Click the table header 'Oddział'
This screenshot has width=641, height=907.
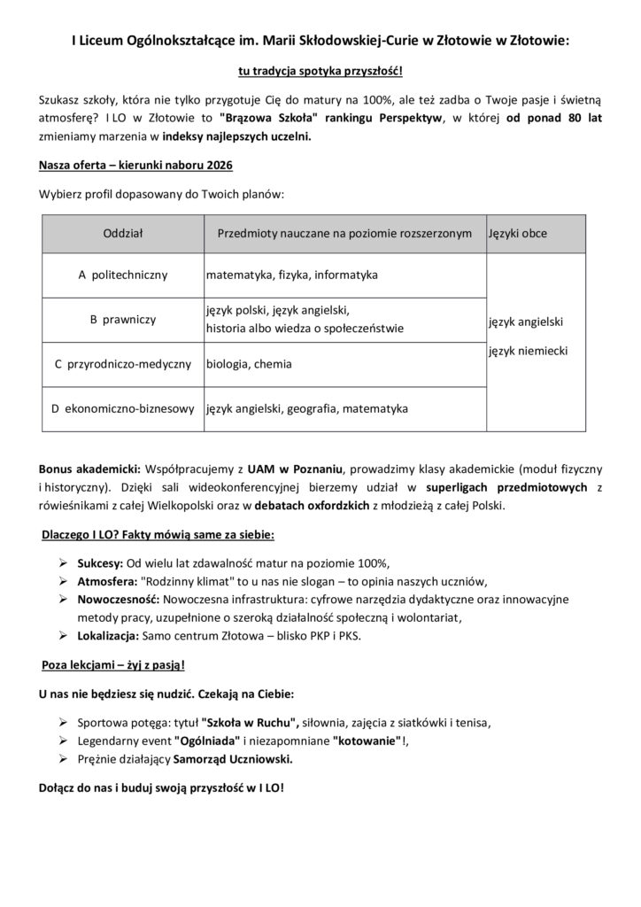coord(122,234)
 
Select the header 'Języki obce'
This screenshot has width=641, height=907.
coord(518,234)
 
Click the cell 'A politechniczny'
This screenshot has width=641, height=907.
coord(122,275)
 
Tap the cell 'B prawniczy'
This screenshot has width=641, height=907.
coord(122,320)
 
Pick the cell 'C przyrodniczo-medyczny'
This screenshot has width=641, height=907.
coord(123,364)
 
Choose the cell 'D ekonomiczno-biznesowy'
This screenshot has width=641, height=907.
coord(123,409)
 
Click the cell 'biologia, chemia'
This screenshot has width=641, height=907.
coord(250,364)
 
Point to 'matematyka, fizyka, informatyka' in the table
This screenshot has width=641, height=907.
coord(292,275)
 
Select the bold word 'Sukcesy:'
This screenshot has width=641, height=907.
coord(102,562)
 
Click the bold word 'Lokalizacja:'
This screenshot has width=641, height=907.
coord(112,635)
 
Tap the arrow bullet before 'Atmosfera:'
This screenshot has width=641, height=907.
coord(64,581)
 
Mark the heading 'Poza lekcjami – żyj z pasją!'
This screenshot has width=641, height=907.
coord(113,664)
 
